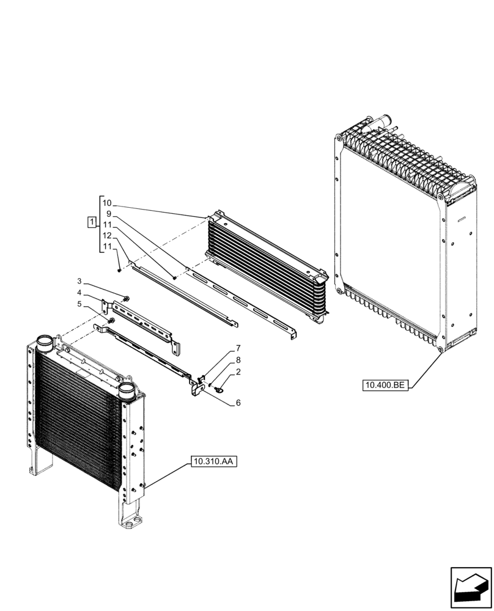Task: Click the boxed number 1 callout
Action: (91, 222)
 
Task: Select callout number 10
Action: (107, 203)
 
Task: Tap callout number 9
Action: (109, 214)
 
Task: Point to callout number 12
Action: (107, 235)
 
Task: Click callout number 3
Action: (79, 281)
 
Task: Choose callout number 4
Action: (79, 292)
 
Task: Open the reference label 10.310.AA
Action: (213, 462)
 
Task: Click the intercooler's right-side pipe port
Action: (127, 391)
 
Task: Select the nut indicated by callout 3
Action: (125, 299)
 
